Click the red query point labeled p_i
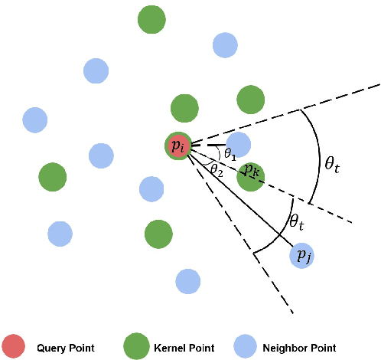click(179, 146)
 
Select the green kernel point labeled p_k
click(250, 176)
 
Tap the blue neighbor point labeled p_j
click(303, 254)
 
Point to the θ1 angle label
click(230, 153)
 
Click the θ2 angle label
click(217, 169)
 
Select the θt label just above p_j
click(297, 223)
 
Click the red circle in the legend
click(13, 347)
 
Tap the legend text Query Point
click(65, 348)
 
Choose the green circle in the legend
click(136, 347)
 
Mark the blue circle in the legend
click(246, 347)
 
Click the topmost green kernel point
click(151, 19)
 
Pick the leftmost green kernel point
click(52, 176)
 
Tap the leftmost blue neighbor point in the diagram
click(35, 119)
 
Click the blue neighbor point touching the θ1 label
click(238, 144)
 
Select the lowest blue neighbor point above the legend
click(188, 281)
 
